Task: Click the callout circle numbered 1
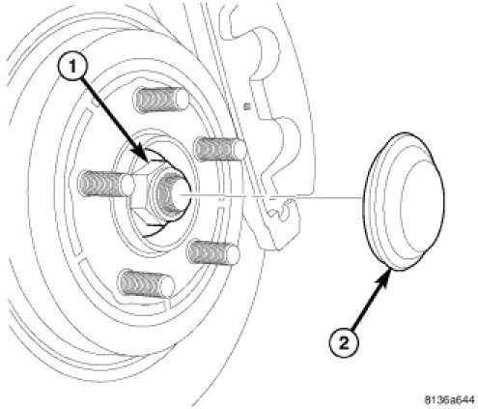[72, 68]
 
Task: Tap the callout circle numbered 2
[344, 342]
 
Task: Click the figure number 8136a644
[450, 400]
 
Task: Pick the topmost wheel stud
[161, 100]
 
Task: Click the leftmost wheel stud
[106, 184]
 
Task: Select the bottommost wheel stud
[147, 284]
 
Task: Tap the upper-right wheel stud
[220, 149]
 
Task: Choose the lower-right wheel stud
[213, 252]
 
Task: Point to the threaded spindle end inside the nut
[173, 194]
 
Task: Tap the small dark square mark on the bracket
[247, 105]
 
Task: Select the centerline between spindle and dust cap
[271, 195]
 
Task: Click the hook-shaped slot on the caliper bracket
[281, 210]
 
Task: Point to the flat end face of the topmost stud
[182, 100]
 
